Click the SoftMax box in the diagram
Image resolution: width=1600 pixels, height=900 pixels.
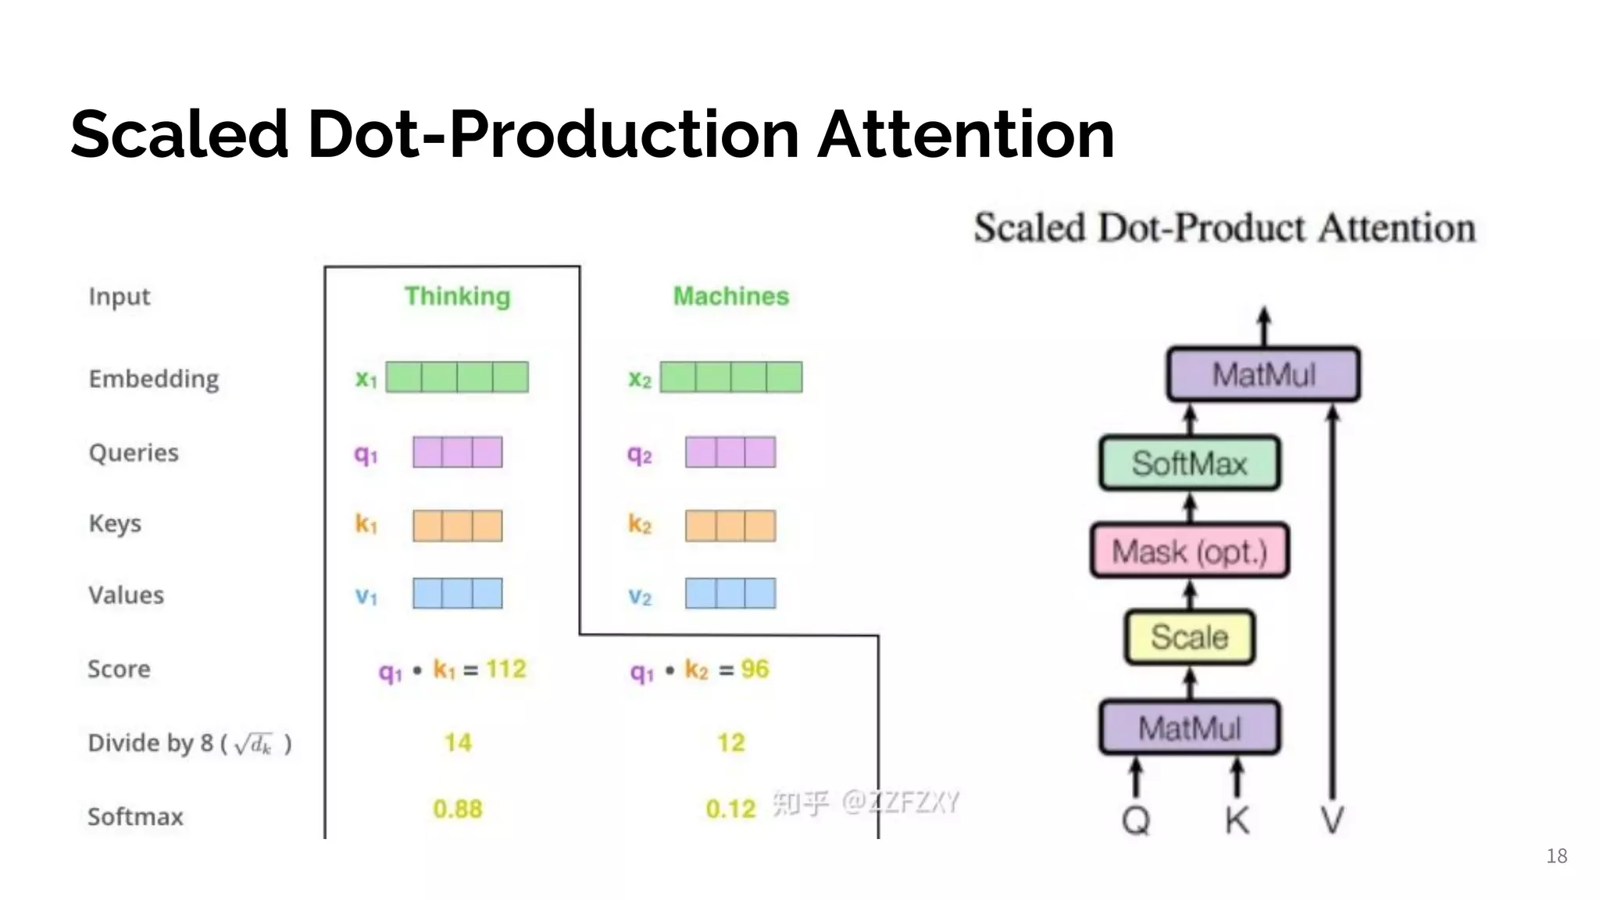coord(1189,463)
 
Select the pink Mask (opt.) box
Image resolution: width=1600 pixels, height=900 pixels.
coord(1189,552)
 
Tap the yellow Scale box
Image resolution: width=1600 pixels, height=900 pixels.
coord(1189,637)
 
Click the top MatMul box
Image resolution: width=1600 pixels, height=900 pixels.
coord(1263,374)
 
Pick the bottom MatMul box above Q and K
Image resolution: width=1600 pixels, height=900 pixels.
coord(1189,728)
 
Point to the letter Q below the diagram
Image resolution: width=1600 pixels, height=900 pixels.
coord(1136,820)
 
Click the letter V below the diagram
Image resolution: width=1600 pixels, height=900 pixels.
coord(1332,820)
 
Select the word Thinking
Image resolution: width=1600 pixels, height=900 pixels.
coord(457,296)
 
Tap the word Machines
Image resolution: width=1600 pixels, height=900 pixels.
coord(731,296)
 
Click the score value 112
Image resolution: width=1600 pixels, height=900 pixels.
coord(506,669)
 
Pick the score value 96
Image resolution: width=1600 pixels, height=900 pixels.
coord(755,669)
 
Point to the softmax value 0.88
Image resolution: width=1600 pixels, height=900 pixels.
coord(458,809)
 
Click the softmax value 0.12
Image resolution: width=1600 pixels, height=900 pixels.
coord(730,809)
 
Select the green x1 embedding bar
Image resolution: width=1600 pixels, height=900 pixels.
coord(457,377)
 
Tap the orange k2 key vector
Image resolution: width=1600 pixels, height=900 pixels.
coord(730,526)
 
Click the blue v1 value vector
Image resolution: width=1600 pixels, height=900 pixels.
coord(457,594)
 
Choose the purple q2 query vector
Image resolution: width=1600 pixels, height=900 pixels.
coord(730,452)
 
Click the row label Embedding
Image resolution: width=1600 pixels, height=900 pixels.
coord(154,379)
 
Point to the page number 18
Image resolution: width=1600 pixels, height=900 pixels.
coord(1556,856)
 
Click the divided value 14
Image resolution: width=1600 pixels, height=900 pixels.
coord(458,742)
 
